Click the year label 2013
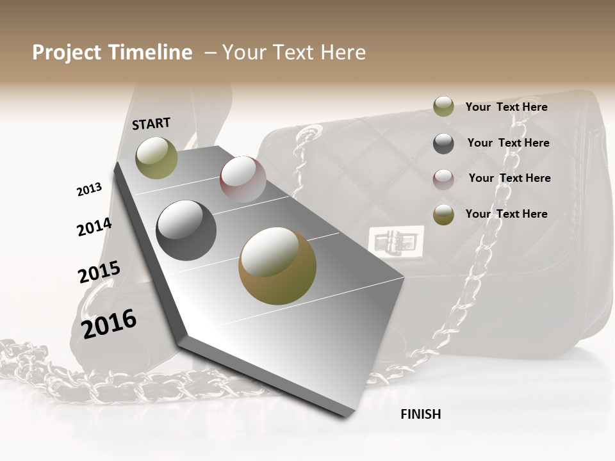89,189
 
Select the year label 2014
94,227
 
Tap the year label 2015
99,272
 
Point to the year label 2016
109,323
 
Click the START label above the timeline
151,124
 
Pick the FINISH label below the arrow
420,414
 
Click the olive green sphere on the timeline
156,158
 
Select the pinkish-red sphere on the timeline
243,179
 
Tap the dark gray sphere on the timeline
186,230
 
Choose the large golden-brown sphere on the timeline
277,266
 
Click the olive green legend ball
443,107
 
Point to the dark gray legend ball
443,143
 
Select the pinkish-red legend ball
443,179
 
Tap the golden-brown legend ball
443,215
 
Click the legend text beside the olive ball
506,107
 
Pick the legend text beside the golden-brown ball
506,214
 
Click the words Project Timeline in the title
112,53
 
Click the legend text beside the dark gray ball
508,143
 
